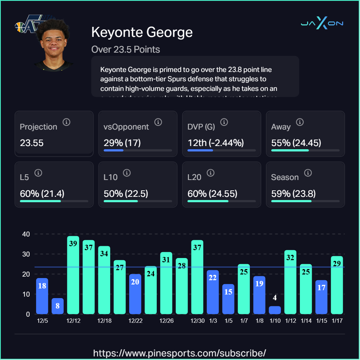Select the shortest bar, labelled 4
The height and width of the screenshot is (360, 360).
(275, 310)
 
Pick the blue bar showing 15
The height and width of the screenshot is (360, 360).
(228, 299)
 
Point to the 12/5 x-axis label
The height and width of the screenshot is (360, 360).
(42, 321)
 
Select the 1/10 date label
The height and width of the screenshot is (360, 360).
(275, 321)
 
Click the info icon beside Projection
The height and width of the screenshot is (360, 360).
(66, 122)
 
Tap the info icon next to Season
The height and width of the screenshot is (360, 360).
(307, 173)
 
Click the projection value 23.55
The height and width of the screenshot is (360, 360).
(32, 143)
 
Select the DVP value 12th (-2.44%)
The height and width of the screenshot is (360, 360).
(216, 143)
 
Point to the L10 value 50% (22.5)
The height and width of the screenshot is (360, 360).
(126, 194)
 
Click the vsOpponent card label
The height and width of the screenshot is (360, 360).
(126, 127)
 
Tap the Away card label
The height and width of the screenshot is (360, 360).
(281, 127)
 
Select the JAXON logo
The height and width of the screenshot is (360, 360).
(322, 24)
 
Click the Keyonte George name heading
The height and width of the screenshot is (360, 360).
(142, 32)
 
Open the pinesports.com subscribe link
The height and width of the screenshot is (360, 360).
(180, 353)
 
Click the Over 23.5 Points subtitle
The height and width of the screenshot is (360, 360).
(126, 49)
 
